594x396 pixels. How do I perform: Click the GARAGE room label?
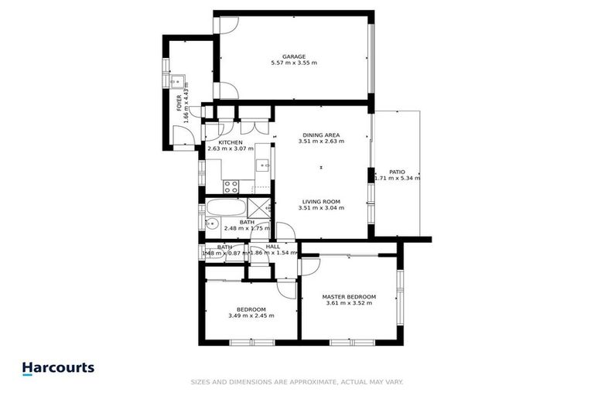coord(294,56)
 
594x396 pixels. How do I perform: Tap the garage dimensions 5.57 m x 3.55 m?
coord(294,63)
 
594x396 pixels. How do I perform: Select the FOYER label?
coord(179,102)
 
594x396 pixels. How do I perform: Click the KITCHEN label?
coord(230,142)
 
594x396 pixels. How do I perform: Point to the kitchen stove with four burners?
coord(230,186)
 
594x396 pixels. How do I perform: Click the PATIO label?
coord(397,172)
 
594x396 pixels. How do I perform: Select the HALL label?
coord(272,246)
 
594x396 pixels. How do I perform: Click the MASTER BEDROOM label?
coord(349,297)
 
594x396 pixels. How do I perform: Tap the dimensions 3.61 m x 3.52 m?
coord(349,304)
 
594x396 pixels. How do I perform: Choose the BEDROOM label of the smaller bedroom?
coord(251,309)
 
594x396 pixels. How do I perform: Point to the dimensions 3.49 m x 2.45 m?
coord(251,316)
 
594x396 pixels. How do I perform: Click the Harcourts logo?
coord(58,368)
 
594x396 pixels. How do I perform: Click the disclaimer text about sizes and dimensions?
coord(297,382)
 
